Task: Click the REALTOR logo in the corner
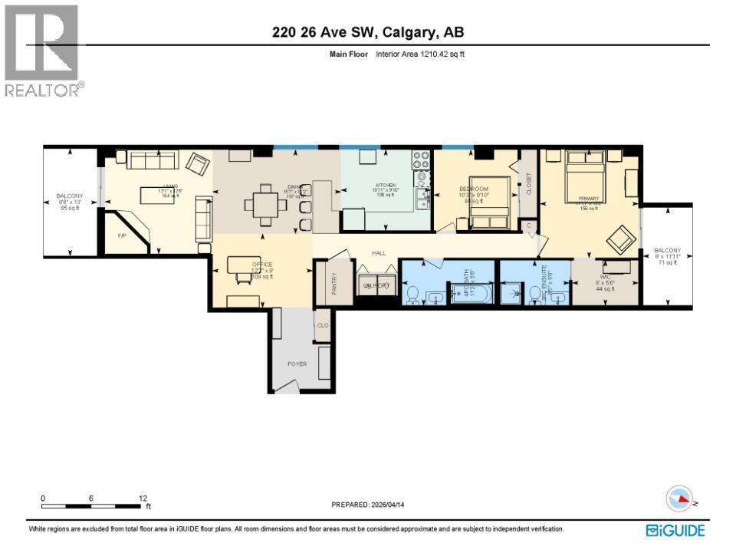[x=41, y=51]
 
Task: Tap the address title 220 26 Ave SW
[x=368, y=32]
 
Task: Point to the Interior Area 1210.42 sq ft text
[x=420, y=54]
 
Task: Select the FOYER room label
[x=297, y=364]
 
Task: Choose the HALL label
[x=379, y=252]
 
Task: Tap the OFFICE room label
[x=262, y=265]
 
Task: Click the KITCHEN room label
[x=385, y=186]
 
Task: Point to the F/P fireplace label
[x=121, y=236]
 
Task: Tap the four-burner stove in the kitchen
[x=422, y=160]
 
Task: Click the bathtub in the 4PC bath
[x=471, y=293]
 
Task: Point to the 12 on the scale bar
[x=143, y=498]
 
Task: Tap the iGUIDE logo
[x=675, y=530]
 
